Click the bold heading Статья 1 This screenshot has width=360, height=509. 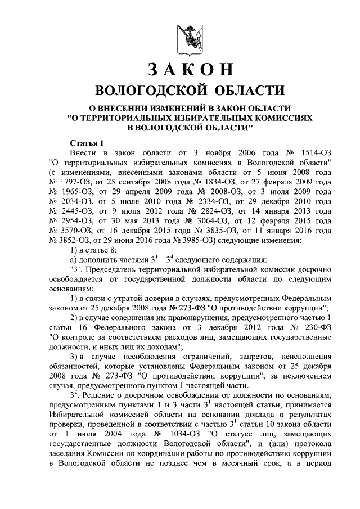86,143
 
